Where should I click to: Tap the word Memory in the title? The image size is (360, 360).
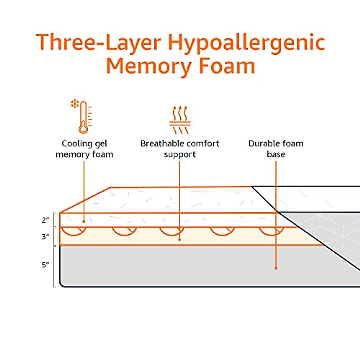(147, 67)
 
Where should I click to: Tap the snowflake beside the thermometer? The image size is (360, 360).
(74, 104)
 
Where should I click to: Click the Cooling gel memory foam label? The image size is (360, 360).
(84, 149)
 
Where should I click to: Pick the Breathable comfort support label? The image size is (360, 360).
(180, 149)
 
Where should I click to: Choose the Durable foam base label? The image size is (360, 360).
(276, 149)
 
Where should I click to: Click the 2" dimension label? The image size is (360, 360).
(45, 220)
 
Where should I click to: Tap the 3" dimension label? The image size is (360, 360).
(45, 237)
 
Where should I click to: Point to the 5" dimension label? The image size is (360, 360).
(45, 265)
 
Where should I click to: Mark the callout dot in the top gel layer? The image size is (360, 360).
(84, 221)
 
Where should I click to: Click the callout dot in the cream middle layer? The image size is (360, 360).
(179, 239)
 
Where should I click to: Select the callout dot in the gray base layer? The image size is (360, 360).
(276, 268)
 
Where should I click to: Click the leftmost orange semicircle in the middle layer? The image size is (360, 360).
(73, 231)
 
